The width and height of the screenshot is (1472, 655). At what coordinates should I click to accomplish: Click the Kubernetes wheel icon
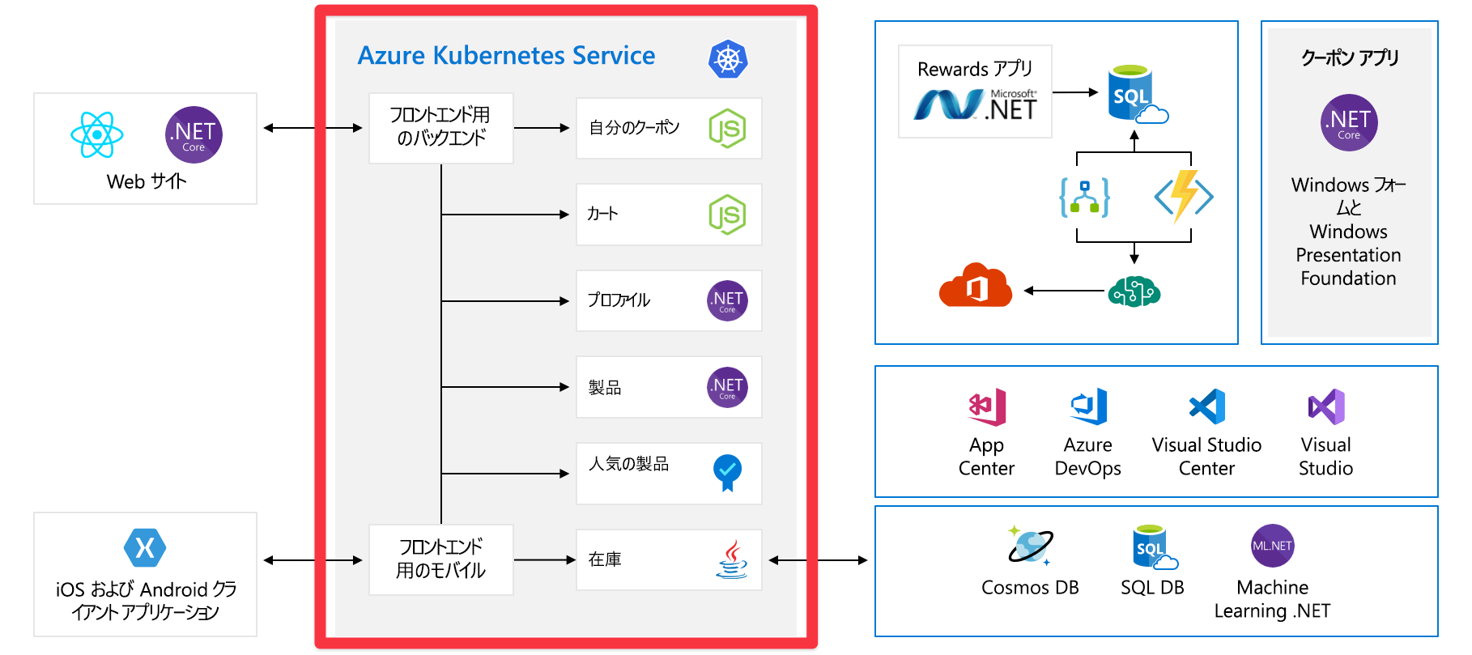tap(728, 59)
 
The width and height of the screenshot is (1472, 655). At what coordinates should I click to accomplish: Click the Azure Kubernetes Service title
tap(506, 56)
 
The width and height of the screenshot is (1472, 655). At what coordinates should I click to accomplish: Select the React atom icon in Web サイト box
tap(97, 134)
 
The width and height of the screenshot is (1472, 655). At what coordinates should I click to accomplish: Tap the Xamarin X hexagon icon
tap(145, 548)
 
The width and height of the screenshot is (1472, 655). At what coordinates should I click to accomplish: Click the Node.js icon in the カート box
tap(727, 215)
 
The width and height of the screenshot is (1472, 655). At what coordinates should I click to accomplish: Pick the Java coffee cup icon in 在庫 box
tap(731, 559)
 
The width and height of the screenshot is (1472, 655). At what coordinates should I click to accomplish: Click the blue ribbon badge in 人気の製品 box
tap(727, 472)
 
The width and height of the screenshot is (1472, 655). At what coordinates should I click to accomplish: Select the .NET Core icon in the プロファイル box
tap(727, 301)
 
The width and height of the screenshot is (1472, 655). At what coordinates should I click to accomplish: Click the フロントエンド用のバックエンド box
tap(440, 128)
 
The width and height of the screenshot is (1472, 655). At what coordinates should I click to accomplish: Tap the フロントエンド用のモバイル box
tap(440, 559)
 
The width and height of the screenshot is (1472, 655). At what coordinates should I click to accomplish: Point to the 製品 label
tap(605, 388)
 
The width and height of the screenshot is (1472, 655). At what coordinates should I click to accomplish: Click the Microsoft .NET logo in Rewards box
tap(975, 105)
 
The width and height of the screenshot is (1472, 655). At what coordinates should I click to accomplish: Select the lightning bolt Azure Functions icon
tap(1183, 196)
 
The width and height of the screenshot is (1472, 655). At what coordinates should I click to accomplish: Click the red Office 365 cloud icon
tap(976, 286)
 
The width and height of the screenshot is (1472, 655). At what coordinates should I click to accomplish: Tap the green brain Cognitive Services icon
tap(1134, 291)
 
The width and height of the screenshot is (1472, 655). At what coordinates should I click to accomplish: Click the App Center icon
tap(987, 407)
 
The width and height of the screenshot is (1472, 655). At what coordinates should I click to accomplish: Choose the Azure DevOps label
tap(1087, 457)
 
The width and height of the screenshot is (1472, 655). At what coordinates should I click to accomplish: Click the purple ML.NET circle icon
tap(1272, 546)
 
